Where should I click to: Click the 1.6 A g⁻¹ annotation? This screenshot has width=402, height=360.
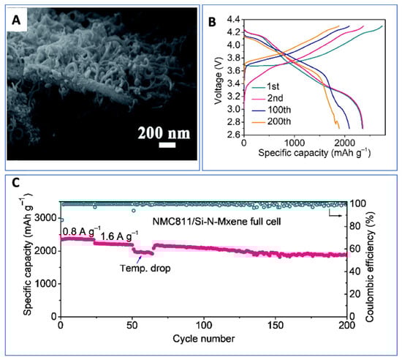pos(118,236)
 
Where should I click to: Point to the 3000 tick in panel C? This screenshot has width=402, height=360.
pos(45,218)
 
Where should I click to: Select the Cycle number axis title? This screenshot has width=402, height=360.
pos(204,339)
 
